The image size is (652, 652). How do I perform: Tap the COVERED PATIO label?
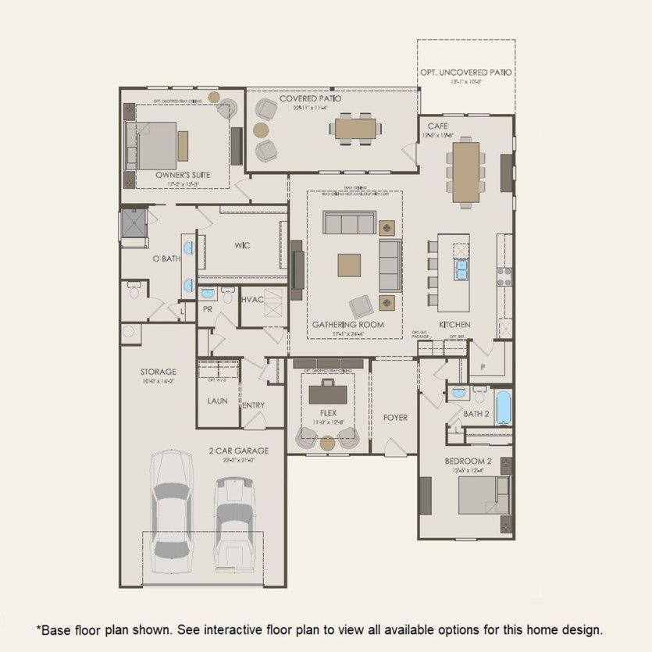click(310, 99)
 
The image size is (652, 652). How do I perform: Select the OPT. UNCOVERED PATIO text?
click(465, 72)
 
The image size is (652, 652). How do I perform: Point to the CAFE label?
click(437, 125)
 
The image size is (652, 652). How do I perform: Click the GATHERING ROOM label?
click(347, 324)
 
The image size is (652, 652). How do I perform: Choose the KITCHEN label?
click(454, 324)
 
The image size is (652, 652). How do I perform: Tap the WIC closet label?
click(242, 245)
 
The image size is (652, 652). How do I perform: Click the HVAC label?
click(252, 299)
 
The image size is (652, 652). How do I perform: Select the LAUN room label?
click(217, 401)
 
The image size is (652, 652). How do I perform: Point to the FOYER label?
click(395, 418)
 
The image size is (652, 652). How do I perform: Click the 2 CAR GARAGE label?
click(238, 451)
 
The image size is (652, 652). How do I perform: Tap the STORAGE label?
click(158, 372)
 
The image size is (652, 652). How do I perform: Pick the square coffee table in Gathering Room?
click(350, 265)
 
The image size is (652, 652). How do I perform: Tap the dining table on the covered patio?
click(356, 127)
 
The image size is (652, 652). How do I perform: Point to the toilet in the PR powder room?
click(229, 296)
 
